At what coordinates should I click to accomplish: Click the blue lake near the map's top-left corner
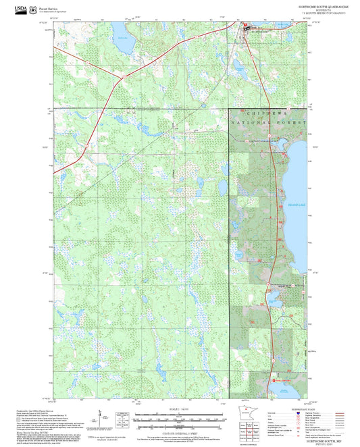click(x=120, y=31)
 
